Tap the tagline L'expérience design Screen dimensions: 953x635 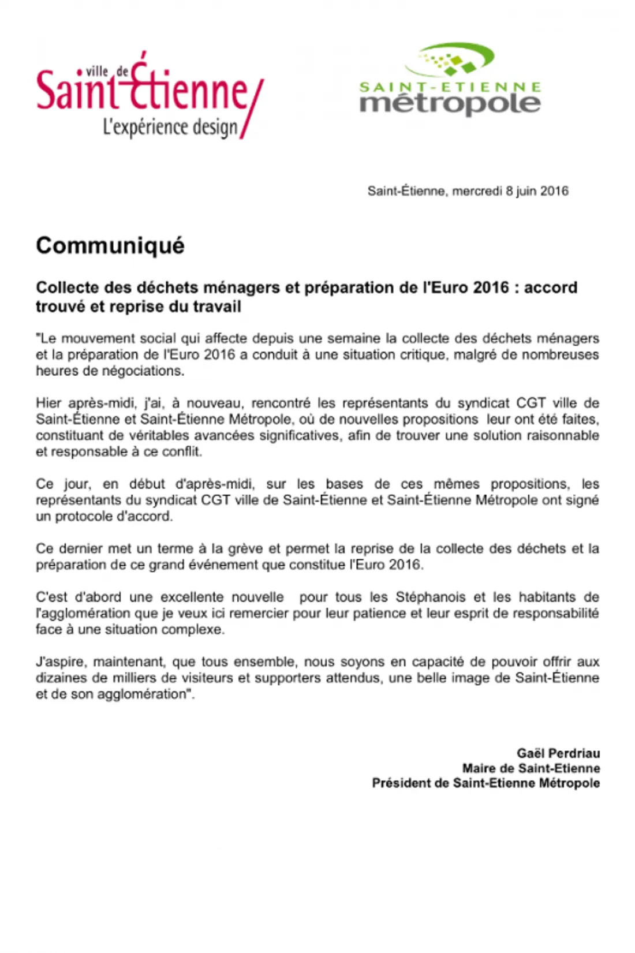pos(170,127)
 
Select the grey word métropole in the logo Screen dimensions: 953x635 pos(450,103)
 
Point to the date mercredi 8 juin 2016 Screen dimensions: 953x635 pos(510,191)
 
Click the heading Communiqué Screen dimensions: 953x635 pos(110,245)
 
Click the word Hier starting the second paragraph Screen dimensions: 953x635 pos(48,403)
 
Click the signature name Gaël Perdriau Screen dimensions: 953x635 pos(558,753)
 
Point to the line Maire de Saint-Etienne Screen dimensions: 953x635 pos(531,768)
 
